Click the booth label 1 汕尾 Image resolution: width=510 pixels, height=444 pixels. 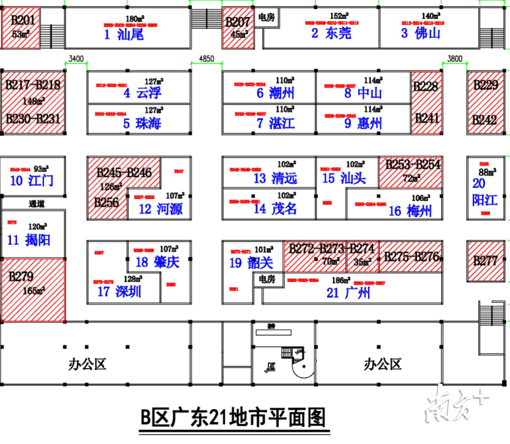pyautogui.click(x=123, y=35)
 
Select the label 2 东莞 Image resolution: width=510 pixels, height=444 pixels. pyautogui.click(x=331, y=33)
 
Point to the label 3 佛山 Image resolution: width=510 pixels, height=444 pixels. pyautogui.click(x=421, y=33)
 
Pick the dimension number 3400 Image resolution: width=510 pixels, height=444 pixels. pyautogui.click(x=77, y=59)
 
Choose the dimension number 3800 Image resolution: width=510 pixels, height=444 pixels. pyautogui.click(x=455, y=59)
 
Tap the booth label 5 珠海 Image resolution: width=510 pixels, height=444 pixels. pyautogui.click(x=141, y=123)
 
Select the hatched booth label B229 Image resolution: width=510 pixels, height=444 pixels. pyautogui.click(x=486, y=85)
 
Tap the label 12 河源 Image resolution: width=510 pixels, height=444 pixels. pyautogui.click(x=160, y=209)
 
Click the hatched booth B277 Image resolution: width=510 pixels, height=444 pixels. pyautogui.click(x=486, y=260)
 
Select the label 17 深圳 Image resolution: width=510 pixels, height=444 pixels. pyautogui.click(x=119, y=292)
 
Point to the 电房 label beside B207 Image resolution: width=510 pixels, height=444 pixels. pyautogui.click(x=267, y=17)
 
